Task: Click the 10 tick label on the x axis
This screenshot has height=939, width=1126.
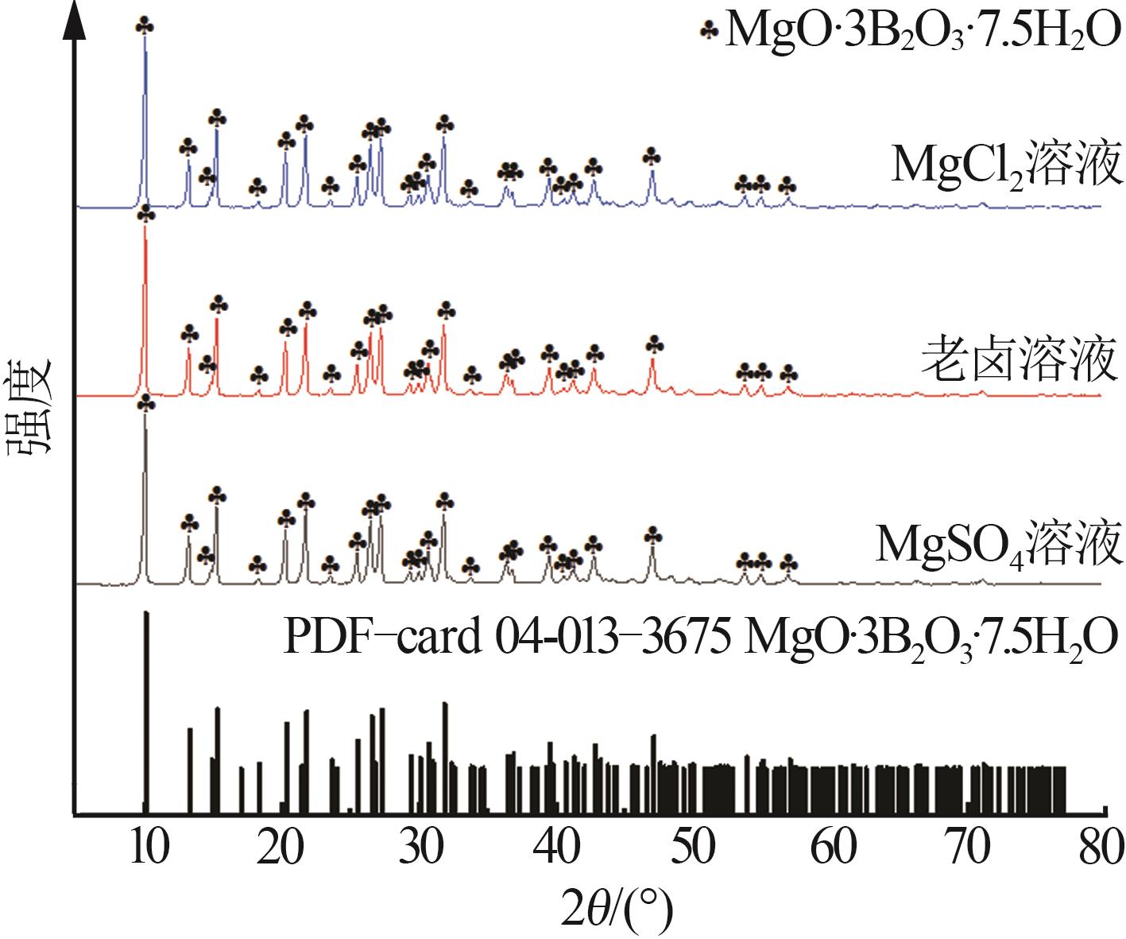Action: click(147, 848)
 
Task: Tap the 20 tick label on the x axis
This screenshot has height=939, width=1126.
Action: click(283, 848)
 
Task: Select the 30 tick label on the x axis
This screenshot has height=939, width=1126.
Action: click(421, 848)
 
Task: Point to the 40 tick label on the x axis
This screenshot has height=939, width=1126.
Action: click(558, 848)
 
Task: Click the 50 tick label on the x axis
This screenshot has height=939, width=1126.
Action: click(695, 848)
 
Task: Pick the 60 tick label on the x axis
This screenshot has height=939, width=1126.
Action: click(833, 848)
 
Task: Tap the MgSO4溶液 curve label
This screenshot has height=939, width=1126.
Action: click(998, 544)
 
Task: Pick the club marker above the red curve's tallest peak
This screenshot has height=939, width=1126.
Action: click(145, 215)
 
